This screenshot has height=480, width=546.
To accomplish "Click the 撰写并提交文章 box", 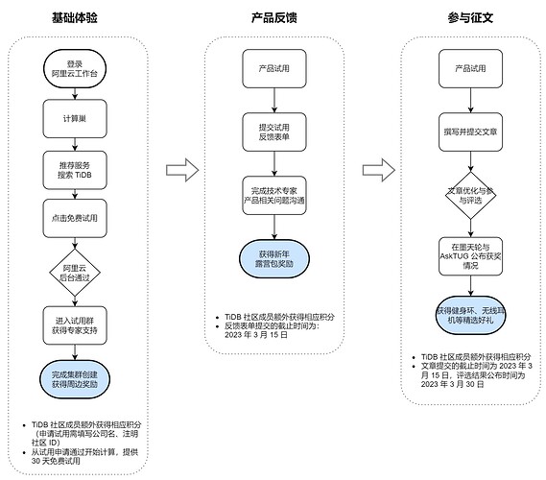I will pos(466,131).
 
